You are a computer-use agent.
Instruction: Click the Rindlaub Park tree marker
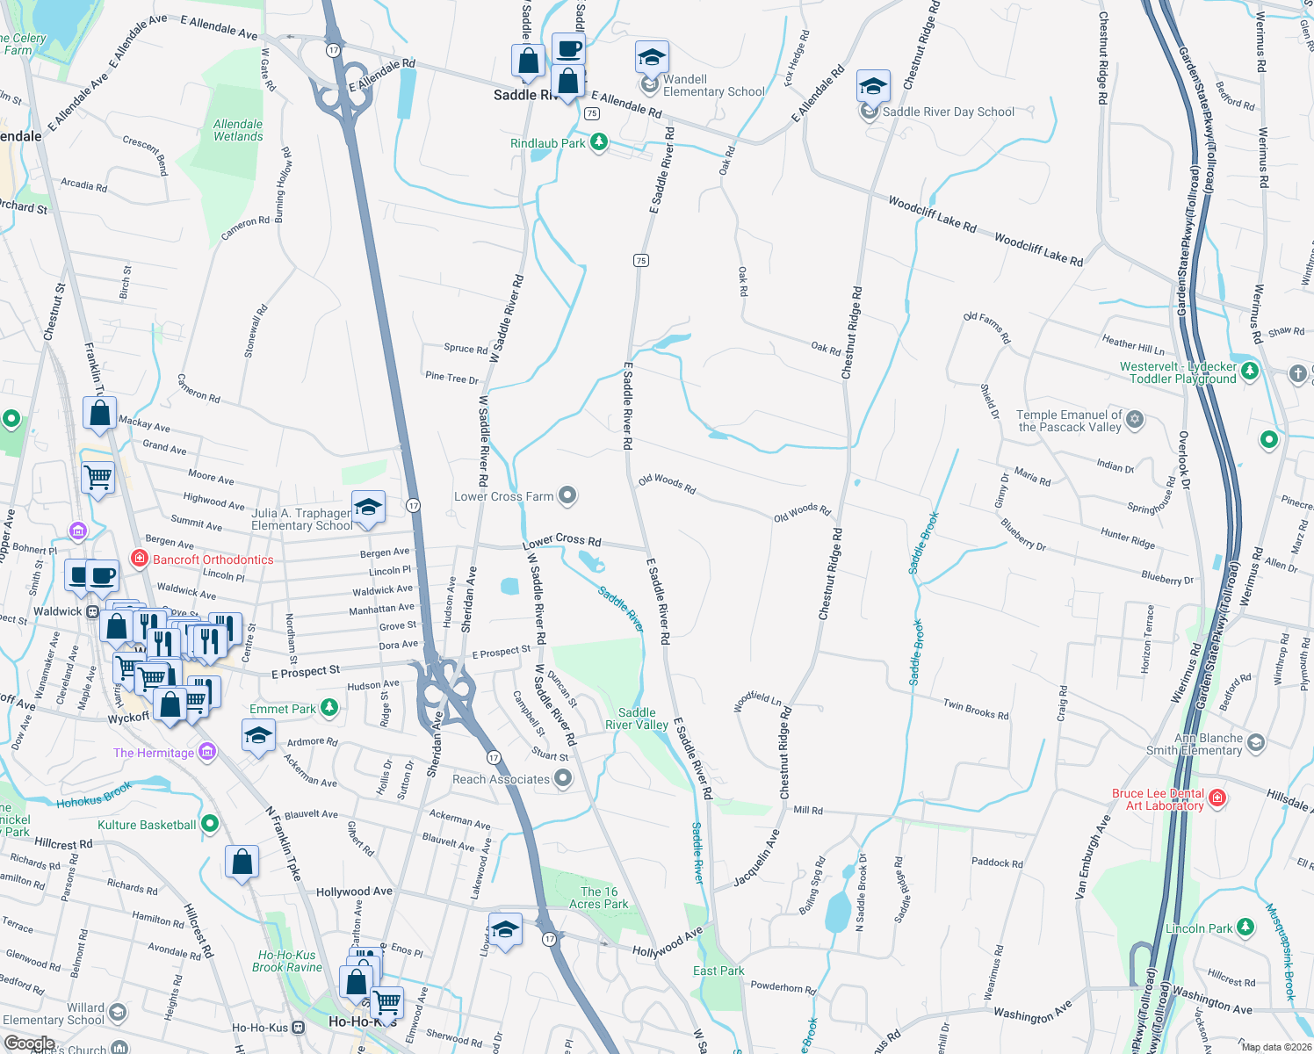(599, 142)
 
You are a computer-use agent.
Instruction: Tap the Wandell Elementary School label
(713, 85)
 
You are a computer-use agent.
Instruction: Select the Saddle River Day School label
(948, 112)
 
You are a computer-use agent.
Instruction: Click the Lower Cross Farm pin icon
(567, 496)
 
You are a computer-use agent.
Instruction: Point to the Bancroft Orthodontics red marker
(139, 559)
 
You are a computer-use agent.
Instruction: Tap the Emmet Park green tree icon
(328, 707)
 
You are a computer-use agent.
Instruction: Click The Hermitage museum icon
(207, 752)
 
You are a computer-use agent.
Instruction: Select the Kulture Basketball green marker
(209, 824)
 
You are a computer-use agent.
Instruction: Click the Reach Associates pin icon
(563, 778)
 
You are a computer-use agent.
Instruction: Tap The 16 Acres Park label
(599, 898)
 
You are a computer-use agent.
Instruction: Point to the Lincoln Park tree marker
(1245, 927)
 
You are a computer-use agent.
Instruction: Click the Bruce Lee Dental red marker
(1217, 798)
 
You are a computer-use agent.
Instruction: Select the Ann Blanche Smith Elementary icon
(1255, 743)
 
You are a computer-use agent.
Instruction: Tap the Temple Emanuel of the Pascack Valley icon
(1135, 419)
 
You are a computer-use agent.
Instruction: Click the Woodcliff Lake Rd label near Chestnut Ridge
(932, 214)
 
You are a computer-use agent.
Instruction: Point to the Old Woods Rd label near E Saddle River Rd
(667, 484)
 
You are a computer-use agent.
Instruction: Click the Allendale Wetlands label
(238, 130)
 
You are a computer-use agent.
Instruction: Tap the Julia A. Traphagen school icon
(369, 508)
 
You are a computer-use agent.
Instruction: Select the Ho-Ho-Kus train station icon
(299, 1027)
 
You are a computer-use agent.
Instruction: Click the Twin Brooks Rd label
(976, 709)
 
